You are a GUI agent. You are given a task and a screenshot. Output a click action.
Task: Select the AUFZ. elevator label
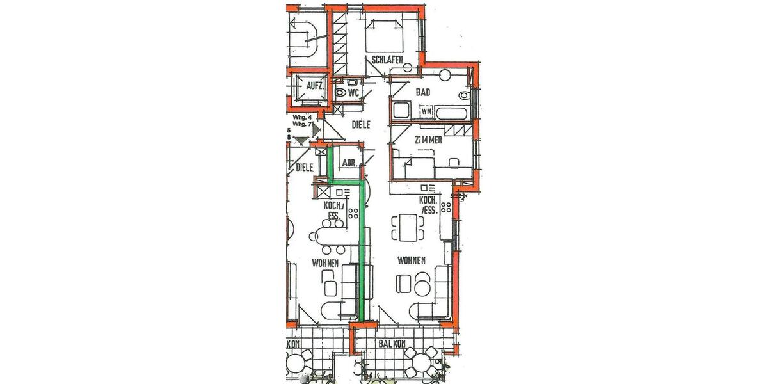314,86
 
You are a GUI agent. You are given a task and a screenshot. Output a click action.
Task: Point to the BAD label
423,92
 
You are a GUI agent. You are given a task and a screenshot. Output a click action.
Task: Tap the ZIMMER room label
428,140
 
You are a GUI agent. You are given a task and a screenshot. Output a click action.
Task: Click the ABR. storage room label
349,163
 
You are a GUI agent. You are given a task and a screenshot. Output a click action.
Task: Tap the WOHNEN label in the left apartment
325,263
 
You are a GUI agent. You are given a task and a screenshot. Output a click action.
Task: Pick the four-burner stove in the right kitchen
446,208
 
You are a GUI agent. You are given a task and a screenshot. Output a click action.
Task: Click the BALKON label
392,344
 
